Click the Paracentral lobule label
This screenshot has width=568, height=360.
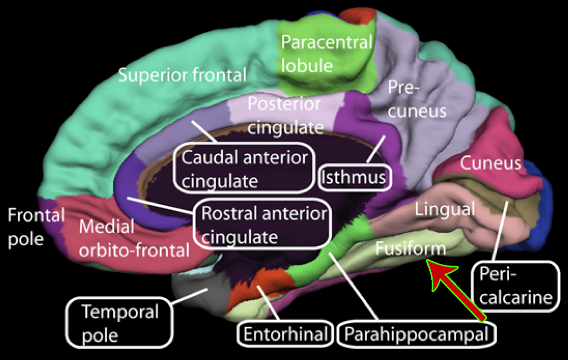click(327, 53)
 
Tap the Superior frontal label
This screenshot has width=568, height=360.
click(182, 75)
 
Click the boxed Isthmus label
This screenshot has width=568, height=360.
click(354, 177)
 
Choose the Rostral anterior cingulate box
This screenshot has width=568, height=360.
click(264, 225)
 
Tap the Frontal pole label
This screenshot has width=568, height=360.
click(36, 227)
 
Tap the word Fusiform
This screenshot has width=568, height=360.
click(410, 249)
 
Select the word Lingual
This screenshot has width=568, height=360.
click(445, 209)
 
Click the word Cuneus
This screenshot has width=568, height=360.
click(490, 163)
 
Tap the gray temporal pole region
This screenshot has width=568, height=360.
click(193, 289)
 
